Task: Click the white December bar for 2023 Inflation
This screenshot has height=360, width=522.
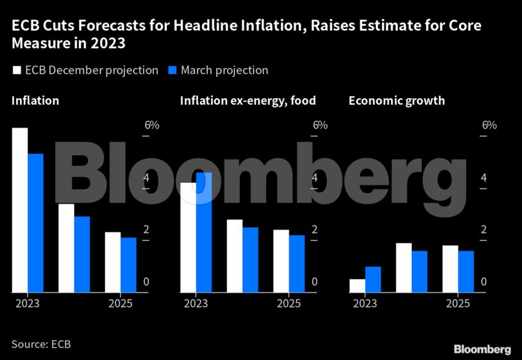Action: click(x=20, y=210)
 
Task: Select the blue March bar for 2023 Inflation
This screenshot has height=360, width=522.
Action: click(x=36, y=223)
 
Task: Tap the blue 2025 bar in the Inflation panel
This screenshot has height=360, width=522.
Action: click(x=128, y=265)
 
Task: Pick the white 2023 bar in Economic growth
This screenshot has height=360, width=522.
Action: click(x=357, y=286)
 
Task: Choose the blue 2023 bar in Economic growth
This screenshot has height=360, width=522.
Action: click(x=373, y=280)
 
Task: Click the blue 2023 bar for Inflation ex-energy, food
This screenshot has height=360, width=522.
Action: click(x=204, y=232)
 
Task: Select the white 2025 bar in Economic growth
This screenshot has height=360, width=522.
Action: click(x=450, y=269)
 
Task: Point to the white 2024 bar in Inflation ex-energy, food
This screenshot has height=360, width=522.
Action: click(x=234, y=256)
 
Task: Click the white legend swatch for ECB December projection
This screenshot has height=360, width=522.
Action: click(x=17, y=71)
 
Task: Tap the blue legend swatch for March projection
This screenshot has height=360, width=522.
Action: click(x=172, y=71)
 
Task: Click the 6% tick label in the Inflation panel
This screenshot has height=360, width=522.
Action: click(x=151, y=124)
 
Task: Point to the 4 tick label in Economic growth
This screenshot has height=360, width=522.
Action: click(x=485, y=178)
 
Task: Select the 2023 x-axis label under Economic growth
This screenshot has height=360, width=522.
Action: click(x=366, y=304)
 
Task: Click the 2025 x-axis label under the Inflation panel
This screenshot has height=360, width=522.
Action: click(x=121, y=304)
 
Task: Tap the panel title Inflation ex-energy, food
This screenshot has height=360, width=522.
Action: click(x=248, y=101)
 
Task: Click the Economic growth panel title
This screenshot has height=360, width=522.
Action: click(x=396, y=101)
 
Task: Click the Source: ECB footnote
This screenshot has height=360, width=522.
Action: click(x=40, y=344)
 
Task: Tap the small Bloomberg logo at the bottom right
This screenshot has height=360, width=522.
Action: click(x=482, y=349)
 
